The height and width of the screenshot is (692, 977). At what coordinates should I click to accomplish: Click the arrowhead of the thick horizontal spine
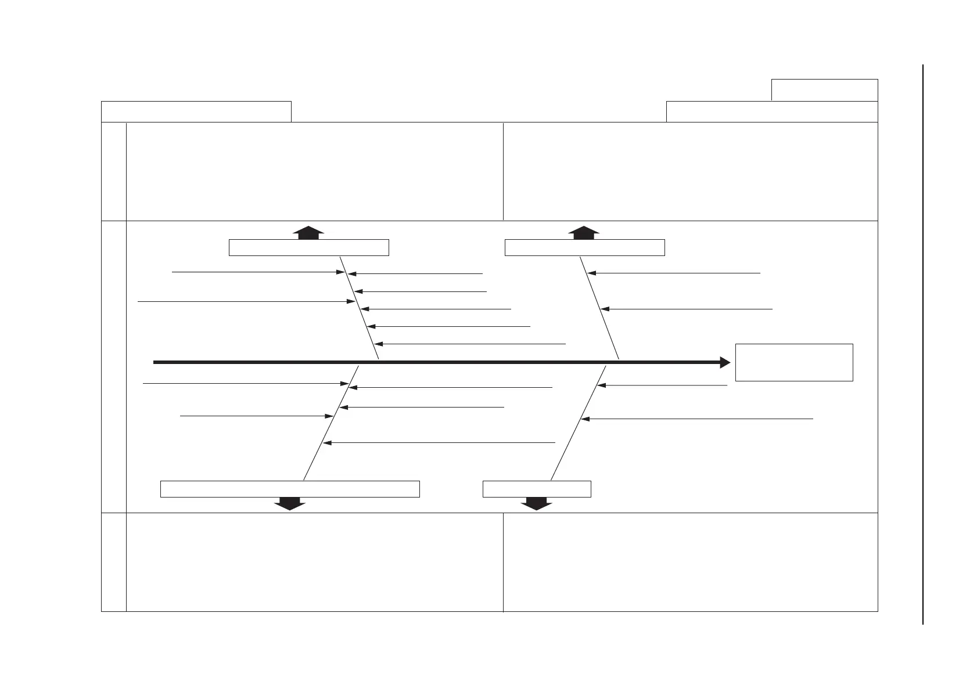pos(725,362)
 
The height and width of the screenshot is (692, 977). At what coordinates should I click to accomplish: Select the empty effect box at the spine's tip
pos(793,362)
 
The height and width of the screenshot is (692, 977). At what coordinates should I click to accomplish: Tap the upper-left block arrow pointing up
pos(308,232)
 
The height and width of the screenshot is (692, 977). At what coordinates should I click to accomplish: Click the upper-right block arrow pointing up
pos(584,232)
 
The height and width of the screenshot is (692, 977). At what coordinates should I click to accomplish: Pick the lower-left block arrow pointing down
pos(289,503)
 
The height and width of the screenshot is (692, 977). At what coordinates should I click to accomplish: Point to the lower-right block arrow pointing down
pos(536,503)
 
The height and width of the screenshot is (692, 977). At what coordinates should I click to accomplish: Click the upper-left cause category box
pos(308,247)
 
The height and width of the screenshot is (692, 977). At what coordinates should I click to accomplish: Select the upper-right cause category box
pos(584,247)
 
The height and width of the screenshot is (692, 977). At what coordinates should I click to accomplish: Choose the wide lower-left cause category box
pos(290,489)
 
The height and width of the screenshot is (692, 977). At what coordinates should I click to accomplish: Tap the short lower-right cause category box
pos(537,489)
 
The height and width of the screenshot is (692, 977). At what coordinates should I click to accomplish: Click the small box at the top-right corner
pos(824,90)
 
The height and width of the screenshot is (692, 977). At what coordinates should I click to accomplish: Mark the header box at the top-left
pos(196,111)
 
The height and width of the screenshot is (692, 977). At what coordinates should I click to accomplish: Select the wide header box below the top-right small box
pos(771,111)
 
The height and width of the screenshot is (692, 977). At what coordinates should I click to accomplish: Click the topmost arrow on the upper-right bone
pos(674,272)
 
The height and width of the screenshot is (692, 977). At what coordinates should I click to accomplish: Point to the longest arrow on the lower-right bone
pos(697,419)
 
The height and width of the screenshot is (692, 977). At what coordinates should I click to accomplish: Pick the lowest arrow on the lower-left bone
pos(439,443)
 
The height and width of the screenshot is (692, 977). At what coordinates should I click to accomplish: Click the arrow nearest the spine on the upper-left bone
pos(470,344)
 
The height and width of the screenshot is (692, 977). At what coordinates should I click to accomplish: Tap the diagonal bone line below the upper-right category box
pos(599,308)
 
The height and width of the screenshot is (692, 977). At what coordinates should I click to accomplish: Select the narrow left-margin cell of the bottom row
pos(114,562)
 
